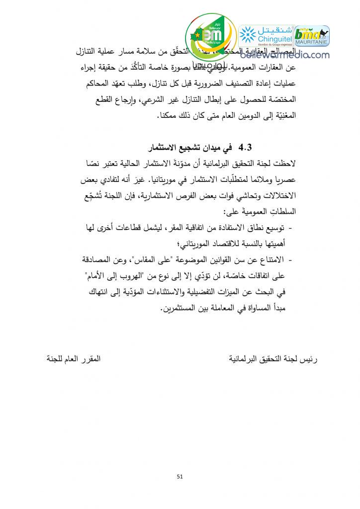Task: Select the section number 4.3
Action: point(246,148)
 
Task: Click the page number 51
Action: point(180,478)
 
